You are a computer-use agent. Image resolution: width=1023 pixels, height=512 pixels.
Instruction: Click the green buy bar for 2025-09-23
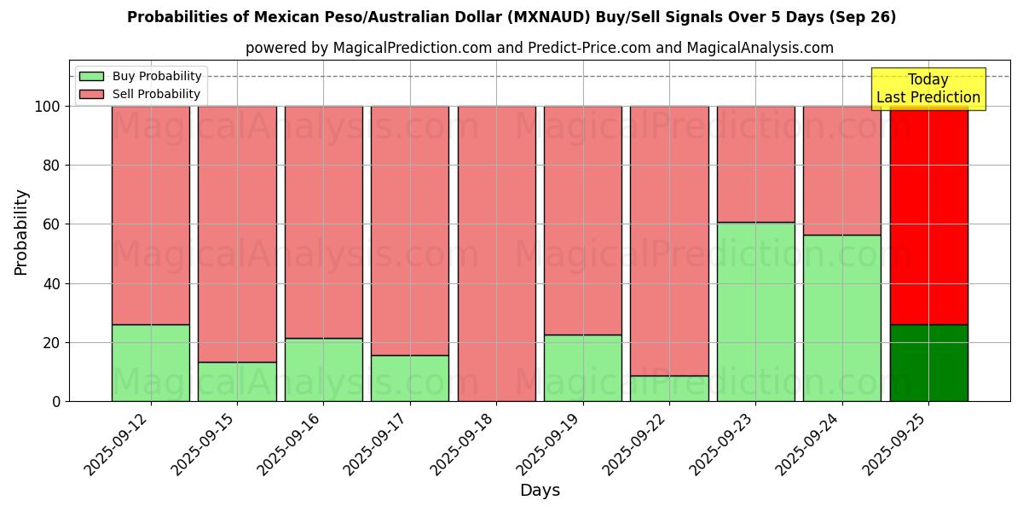pyautogui.click(x=755, y=311)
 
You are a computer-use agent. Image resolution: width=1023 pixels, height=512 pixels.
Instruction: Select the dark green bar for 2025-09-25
pyautogui.click(x=928, y=363)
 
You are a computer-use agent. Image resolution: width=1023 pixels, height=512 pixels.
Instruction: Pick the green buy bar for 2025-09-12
pyautogui.click(x=150, y=363)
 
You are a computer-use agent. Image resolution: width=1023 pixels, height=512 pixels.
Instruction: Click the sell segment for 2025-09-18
pyautogui.click(x=496, y=253)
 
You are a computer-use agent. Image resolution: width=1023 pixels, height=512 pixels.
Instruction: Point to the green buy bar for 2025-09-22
pyautogui.click(x=669, y=388)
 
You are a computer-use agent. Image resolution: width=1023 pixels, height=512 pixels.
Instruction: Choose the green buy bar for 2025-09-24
pyautogui.click(x=841, y=317)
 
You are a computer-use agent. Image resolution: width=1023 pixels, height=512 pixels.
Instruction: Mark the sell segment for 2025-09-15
pyautogui.click(x=237, y=234)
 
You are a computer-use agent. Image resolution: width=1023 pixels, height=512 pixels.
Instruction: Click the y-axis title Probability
pyautogui.click(x=21, y=232)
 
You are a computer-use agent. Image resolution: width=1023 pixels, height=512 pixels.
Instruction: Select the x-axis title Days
pyautogui.click(x=540, y=491)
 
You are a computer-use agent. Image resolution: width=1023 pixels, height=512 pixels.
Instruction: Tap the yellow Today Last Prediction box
pyautogui.click(x=928, y=89)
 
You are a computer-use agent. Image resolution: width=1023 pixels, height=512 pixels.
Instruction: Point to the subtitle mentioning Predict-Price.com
pyautogui.click(x=539, y=48)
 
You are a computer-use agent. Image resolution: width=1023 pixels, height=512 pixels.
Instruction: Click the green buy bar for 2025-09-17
pyautogui.click(x=410, y=378)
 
